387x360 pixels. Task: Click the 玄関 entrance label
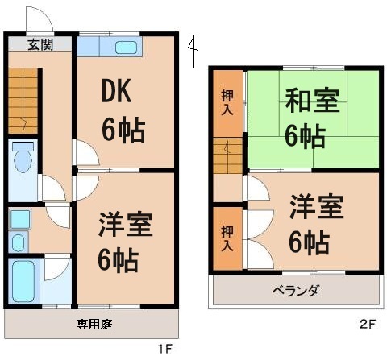(x=39, y=45)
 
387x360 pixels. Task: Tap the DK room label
(x=118, y=95)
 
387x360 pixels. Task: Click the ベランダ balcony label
(x=295, y=291)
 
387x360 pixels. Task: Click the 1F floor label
(x=165, y=349)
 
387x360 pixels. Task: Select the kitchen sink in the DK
(x=126, y=47)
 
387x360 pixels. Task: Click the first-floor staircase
(x=23, y=101)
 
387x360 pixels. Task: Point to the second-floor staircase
(x=228, y=156)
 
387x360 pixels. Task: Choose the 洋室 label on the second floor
(x=317, y=206)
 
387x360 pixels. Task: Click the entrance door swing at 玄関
(x=38, y=18)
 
